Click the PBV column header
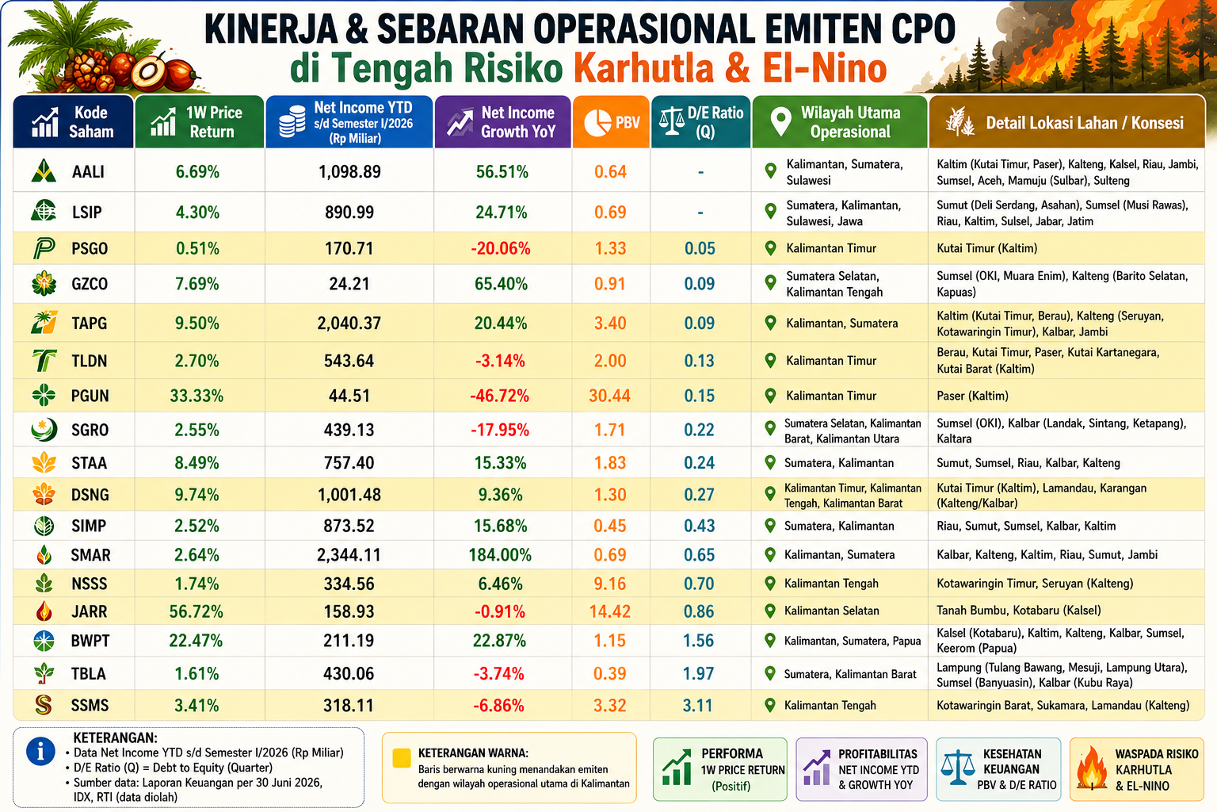tap(611, 122)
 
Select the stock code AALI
tap(88, 172)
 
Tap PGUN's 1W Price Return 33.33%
tap(196, 396)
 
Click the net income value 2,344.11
tap(349, 555)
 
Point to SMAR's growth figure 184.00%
tap(500, 555)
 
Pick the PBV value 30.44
tap(609, 396)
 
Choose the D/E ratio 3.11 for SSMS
tap(697, 706)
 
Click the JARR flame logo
tap(44, 611)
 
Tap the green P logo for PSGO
tap(44, 248)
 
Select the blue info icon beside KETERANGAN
tap(40, 753)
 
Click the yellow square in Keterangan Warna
tap(402, 758)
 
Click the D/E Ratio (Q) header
tap(701, 122)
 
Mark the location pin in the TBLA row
tap(770, 674)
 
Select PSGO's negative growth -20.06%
tap(501, 248)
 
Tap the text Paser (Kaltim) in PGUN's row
tap(972, 396)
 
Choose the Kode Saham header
tap(74, 122)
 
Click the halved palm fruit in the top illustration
tap(148, 71)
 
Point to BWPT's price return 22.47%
tap(196, 642)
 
